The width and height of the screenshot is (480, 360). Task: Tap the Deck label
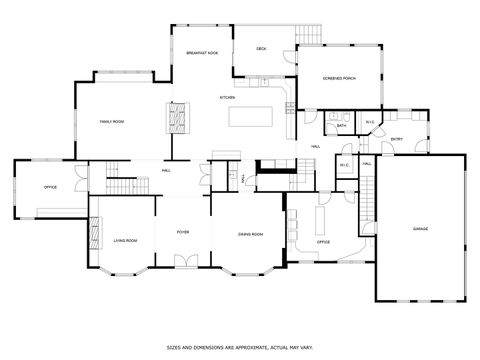(x=261, y=48)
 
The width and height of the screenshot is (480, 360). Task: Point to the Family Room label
(x=111, y=121)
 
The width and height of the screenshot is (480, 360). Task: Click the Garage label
(x=420, y=229)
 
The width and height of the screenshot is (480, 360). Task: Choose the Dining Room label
(x=250, y=234)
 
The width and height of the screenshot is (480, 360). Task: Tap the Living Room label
(x=125, y=241)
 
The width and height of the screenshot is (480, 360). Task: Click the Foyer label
(x=183, y=232)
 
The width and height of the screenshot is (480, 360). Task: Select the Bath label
(x=341, y=126)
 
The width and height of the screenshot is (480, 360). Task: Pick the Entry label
(x=397, y=139)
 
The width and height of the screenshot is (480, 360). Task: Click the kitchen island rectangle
(x=254, y=116)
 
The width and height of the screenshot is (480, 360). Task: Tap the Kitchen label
(x=227, y=97)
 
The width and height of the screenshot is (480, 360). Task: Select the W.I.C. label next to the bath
(x=369, y=123)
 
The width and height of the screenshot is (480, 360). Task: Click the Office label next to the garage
(x=323, y=242)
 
